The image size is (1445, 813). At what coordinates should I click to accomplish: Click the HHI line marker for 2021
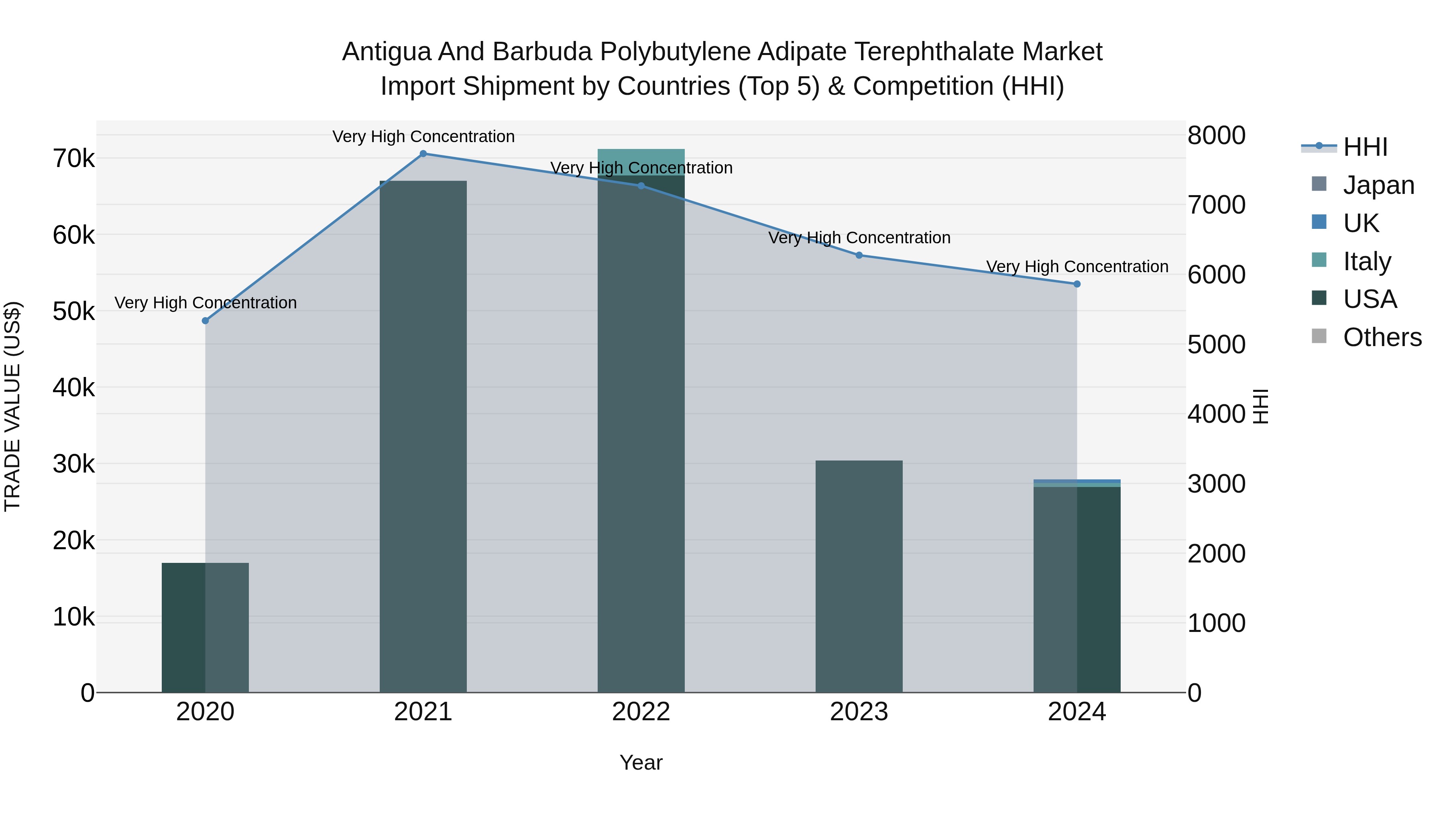(x=423, y=154)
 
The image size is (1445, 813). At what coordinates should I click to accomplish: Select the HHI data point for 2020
(x=205, y=321)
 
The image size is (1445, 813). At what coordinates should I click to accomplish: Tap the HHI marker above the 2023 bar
(x=859, y=255)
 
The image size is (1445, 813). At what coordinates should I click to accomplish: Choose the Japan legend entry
(x=1378, y=185)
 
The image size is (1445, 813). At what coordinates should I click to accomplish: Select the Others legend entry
(x=1382, y=338)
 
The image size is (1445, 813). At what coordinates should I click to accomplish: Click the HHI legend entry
(x=1365, y=147)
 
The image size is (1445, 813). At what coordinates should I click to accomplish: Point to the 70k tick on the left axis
(x=74, y=159)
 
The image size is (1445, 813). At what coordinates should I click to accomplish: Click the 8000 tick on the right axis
(x=1216, y=135)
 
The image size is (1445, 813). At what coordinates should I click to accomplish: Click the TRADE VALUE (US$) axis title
(x=12, y=406)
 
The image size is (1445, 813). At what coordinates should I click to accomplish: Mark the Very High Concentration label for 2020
(x=205, y=303)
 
